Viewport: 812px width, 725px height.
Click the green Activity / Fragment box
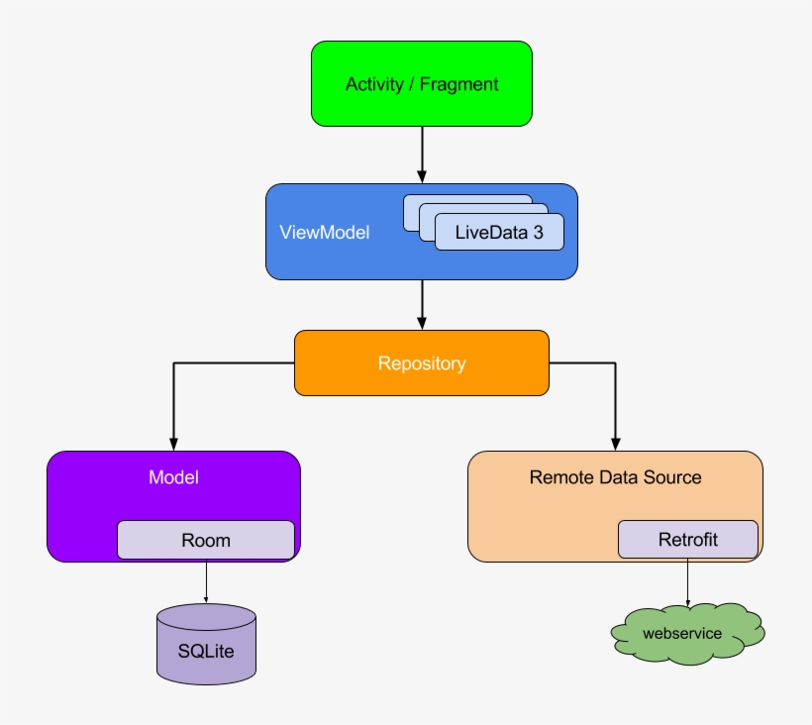coord(422,83)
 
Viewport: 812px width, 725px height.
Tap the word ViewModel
coord(324,233)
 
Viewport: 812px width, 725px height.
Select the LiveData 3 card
coord(499,233)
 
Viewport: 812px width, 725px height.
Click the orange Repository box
coord(422,363)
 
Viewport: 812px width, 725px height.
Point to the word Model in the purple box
coord(173,476)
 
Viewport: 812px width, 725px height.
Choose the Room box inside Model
coord(206,540)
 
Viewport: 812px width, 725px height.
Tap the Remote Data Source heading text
coord(615,476)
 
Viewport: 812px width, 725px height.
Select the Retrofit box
coord(687,540)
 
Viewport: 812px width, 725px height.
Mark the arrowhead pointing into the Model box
coord(173,444)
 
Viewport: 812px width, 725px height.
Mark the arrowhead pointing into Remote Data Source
coord(615,444)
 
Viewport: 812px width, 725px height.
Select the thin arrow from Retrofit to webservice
coord(687,581)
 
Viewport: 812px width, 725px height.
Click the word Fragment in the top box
coord(459,84)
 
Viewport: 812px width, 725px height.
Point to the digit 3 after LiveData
coord(538,233)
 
